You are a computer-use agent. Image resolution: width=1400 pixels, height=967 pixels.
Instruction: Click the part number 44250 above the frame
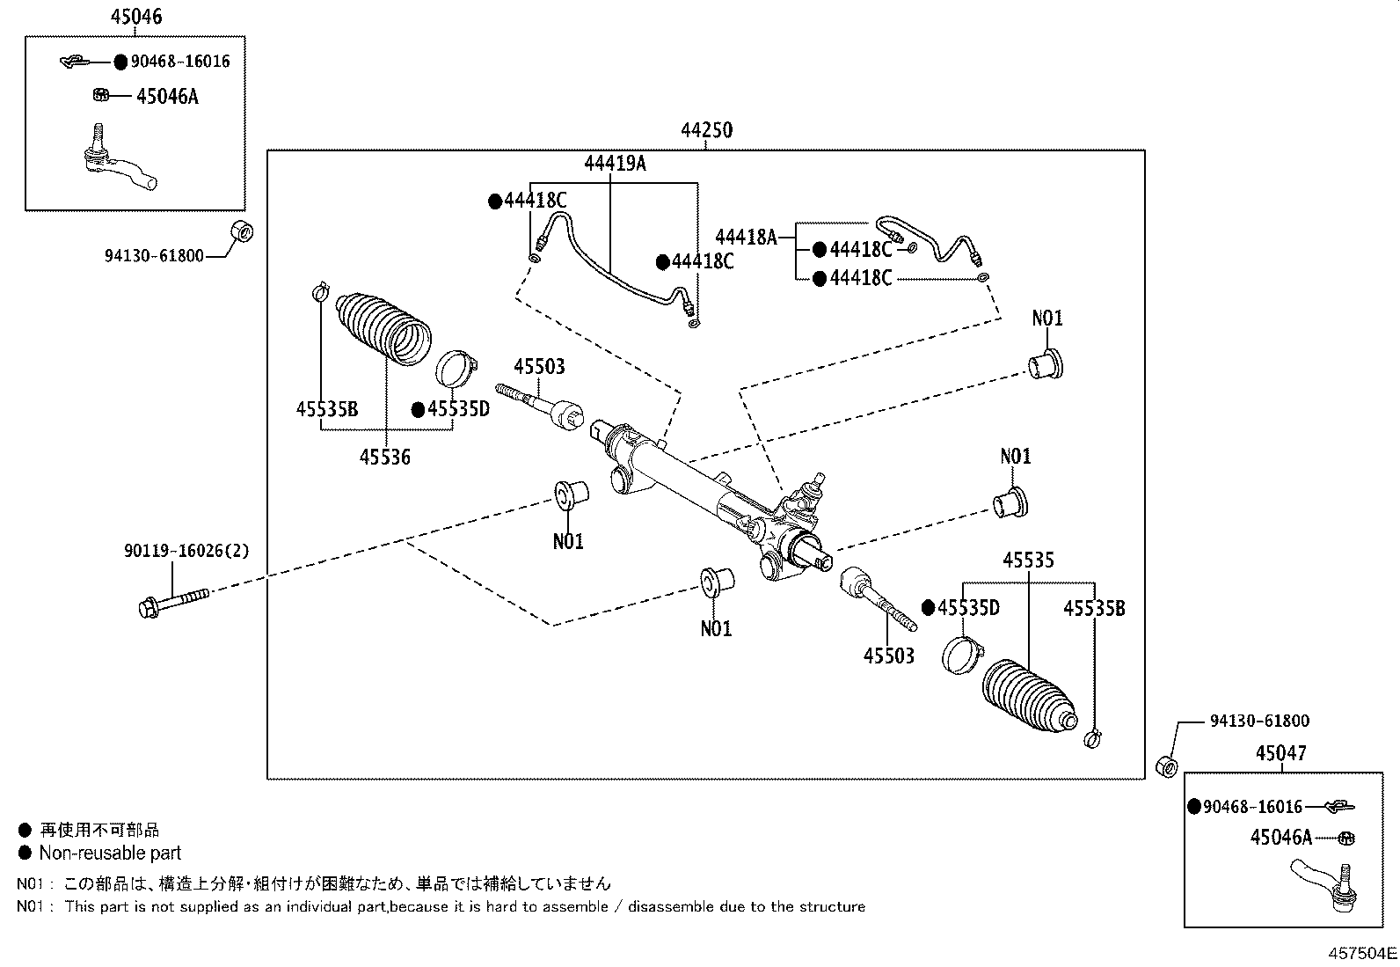[706, 130]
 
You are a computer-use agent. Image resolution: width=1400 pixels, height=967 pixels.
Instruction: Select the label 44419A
[616, 164]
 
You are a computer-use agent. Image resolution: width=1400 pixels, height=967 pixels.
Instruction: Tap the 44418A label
[746, 238]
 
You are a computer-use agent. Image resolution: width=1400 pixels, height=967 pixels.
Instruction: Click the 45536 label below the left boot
[384, 458]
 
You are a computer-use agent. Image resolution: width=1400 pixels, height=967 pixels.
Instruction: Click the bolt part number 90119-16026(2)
[186, 552]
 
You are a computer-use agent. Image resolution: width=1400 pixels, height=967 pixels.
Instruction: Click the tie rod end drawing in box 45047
[1325, 884]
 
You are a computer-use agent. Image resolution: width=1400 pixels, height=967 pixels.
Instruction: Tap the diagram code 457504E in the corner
[1362, 953]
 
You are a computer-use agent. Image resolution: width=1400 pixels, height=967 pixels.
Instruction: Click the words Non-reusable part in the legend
[110, 853]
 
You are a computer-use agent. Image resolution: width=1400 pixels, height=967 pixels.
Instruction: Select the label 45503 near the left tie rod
[539, 367]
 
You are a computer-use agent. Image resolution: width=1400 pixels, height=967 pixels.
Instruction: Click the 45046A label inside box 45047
[1280, 838]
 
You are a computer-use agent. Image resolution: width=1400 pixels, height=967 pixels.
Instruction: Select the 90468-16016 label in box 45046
[180, 62]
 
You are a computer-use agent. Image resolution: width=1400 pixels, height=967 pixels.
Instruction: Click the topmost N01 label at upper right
[1046, 318]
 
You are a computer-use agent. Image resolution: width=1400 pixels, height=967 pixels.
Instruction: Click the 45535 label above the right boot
[1028, 560]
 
